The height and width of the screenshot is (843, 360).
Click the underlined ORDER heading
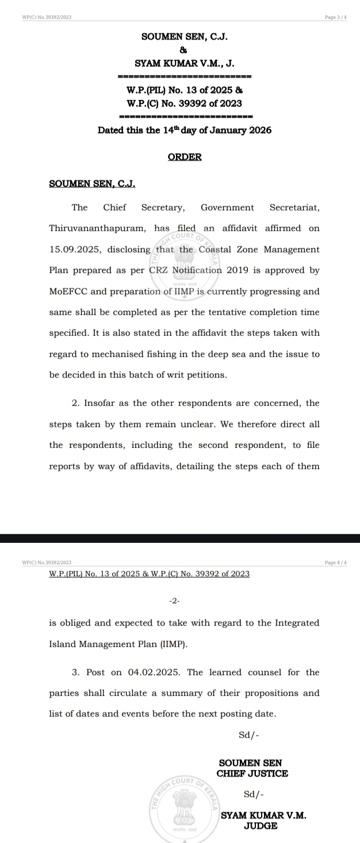tap(185, 157)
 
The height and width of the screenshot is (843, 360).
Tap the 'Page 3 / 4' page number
tap(336, 17)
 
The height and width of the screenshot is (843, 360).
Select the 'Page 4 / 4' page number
tap(336, 562)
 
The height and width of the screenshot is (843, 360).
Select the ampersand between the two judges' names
tap(185, 50)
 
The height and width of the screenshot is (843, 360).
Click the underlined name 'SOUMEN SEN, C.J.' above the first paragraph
tap(92, 184)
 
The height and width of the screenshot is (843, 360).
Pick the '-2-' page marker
tap(175, 601)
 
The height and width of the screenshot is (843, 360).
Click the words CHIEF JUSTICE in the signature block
tap(252, 773)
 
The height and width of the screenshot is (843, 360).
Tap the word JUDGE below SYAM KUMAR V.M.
tap(261, 826)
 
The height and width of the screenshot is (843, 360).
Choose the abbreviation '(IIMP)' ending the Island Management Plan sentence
tap(174, 645)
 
